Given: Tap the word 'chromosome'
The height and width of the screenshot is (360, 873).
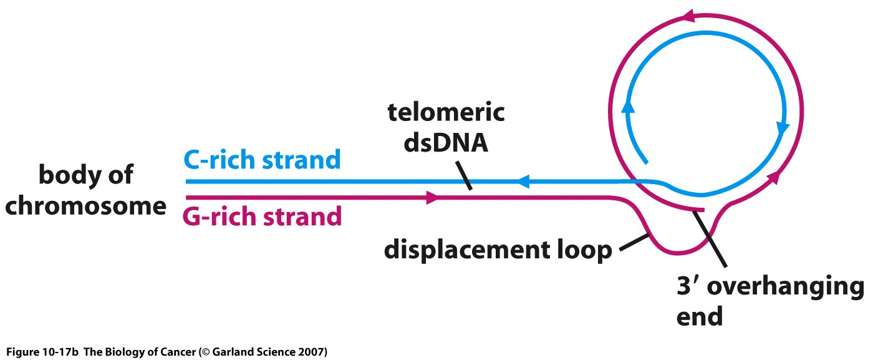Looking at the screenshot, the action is [86, 205].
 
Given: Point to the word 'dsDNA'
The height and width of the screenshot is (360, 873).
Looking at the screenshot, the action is [446, 143].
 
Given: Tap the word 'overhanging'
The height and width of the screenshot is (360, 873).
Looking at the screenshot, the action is [786, 286].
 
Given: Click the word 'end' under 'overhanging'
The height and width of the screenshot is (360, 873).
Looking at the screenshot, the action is [700, 316].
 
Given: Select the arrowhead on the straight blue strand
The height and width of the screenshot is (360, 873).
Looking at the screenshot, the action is [523, 182].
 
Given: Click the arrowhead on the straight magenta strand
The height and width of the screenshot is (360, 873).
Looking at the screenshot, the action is [433, 197].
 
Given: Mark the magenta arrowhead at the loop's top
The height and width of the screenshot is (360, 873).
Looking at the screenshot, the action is [689, 16].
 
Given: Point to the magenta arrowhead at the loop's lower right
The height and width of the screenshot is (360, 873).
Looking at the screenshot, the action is [774, 177].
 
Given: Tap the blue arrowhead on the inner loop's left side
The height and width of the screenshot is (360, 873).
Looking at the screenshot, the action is [627, 106].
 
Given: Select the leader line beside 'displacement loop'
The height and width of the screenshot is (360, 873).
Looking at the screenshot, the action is [634, 242].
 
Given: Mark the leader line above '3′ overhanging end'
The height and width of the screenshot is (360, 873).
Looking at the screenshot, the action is [710, 239].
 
